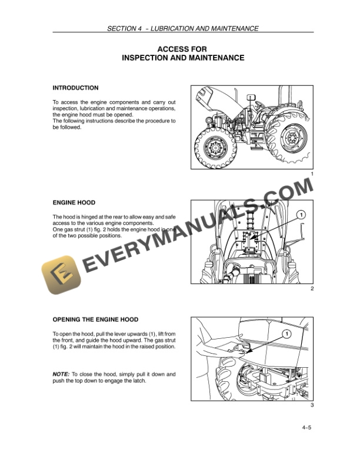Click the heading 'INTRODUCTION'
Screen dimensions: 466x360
coord(75,88)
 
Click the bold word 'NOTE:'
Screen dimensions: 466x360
coord(61,374)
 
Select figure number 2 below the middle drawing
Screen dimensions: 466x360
coord(311,289)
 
